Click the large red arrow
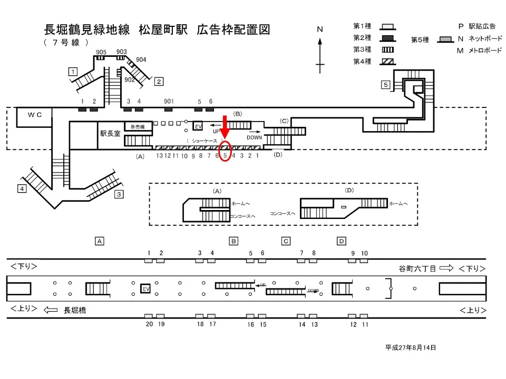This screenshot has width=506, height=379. pyautogui.click(x=225, y=128)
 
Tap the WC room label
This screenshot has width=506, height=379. pyautogui.click(x=35, y=114)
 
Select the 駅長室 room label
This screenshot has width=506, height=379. pyautogui.click(x=111, y=134)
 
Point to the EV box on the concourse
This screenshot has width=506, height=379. pyautogui.click(x=199, y=127)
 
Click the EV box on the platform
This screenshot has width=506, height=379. pyautogui.click(x=146, y=289)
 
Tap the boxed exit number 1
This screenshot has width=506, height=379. pyautogui.click(x=73, y=72)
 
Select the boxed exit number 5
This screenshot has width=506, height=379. pyautogui.click(x=386, y=84)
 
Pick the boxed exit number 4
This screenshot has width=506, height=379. pyautogui.click(x=22, y=188)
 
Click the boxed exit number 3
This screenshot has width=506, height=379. pyautogui.click(x=119, y=194)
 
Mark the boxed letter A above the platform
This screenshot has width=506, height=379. pyautogui.click(x=99, y=241)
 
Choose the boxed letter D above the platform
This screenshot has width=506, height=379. pyautogui.click(x=342, y=241)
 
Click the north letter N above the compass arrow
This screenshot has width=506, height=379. pyautogui.click(x=319, y=29)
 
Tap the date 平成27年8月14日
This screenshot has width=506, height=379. pyautogui.click(x=411, y=347)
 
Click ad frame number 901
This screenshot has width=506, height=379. pyautogui.click(x=169, y=101)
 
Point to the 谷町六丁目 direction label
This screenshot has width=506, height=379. pyautogui.click(x=417, y=268)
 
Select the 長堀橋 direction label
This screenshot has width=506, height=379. pyautogui.click(x=75, y=311)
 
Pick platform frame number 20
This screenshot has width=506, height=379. pyautogui.click(x=149, y=324)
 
